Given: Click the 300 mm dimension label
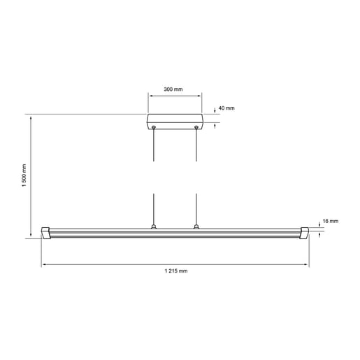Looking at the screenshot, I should coord(173,89).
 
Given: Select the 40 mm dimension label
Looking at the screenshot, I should coord(226,109).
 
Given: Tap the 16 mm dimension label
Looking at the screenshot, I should coord(329,221).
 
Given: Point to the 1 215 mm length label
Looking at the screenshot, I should coord(175,271).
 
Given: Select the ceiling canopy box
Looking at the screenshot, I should coord(175,122).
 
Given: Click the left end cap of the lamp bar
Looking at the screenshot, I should coord(48,232).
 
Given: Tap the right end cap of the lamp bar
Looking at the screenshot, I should coord(304,232).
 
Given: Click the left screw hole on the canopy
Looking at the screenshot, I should coord(154,127).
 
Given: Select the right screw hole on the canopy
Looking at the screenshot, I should coord(196,127).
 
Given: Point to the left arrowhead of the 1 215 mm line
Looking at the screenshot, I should coord(45,264).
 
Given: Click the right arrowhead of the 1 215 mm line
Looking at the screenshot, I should coord(306,264).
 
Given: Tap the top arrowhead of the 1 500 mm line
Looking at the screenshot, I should coord(31,117).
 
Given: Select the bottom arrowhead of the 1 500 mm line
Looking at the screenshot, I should coord(31,235).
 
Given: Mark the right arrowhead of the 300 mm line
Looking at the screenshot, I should coord(200,96).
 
